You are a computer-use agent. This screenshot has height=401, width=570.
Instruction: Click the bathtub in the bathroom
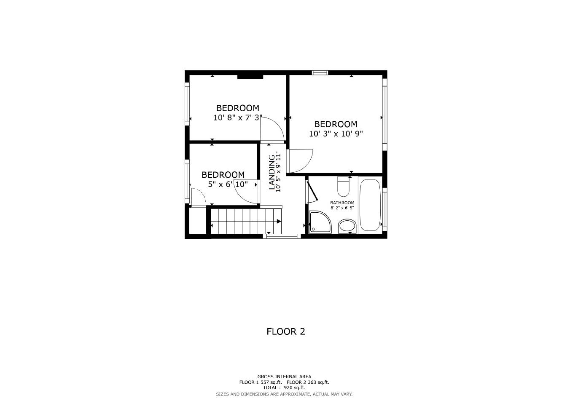[370, 205]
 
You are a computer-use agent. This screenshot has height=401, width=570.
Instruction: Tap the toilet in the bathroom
[344, 186]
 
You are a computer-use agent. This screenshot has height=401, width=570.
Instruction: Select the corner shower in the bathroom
[320, 222]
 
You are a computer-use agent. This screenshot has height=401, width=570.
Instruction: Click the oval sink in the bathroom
[347, 226]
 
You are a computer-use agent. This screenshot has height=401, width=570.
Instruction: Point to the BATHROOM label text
[342, 203]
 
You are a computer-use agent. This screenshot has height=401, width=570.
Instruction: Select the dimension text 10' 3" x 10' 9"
[336, 134]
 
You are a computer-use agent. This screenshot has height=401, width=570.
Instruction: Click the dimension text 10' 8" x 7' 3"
[238, 118]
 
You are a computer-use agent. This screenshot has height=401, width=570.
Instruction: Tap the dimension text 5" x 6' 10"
[228, 184]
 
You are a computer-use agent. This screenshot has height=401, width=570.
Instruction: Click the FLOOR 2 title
[285, 331]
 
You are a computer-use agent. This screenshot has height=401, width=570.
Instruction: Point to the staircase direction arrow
[279, 221]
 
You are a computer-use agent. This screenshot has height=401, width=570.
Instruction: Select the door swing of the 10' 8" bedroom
[272, 129]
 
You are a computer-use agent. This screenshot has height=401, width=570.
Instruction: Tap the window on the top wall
[320, 73]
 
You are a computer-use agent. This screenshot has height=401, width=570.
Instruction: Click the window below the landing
[282, 236]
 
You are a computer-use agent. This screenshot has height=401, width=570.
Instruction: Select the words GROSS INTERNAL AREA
[284, 377]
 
